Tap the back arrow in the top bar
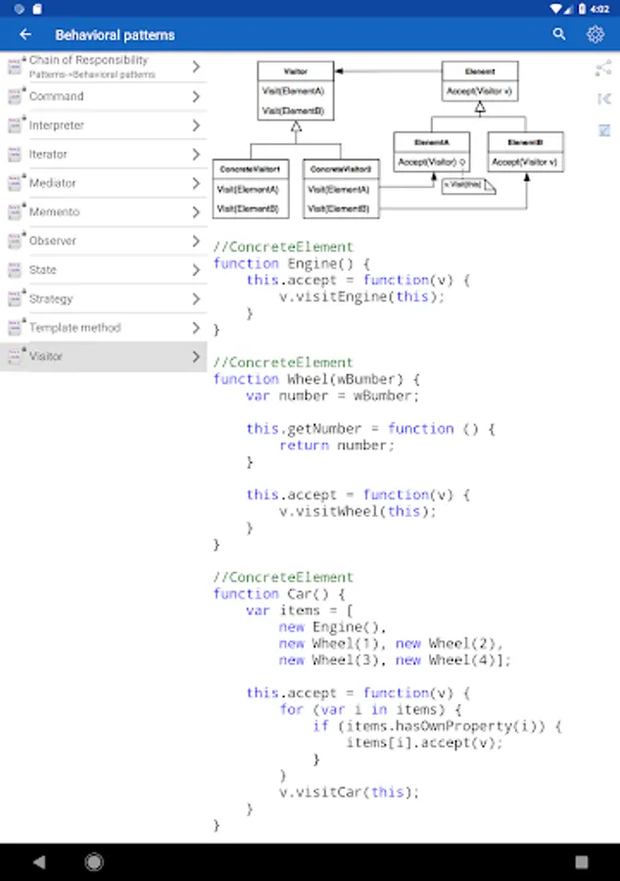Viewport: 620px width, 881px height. [25, 34]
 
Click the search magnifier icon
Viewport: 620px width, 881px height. [559, 34]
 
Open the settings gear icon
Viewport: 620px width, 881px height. [596, 34]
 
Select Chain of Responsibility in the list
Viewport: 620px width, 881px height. [89, 61]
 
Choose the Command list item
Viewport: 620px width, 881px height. [57, 97]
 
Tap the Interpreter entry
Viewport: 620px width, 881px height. [57, 125]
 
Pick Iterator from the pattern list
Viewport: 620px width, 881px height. [49, 155]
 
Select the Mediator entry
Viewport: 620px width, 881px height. [53, 183]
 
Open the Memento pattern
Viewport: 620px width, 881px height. [55, 211]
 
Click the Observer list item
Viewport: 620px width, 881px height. [53, 241]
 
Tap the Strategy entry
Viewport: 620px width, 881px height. [51, 299]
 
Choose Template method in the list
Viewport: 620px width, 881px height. [74, 328]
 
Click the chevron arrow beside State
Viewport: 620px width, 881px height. [196, 269]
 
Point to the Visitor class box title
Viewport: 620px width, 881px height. [295, 71]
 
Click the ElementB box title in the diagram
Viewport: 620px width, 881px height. [525, 142]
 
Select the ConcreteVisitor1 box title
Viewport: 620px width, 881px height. [250, 169]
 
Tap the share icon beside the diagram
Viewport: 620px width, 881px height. [603, 69]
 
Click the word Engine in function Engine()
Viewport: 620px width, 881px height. [311, 263]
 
